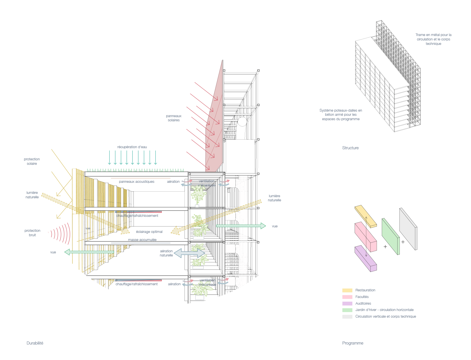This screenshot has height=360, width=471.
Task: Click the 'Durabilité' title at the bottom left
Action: pos(35,343)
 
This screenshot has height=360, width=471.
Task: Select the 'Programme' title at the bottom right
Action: pos(353,343)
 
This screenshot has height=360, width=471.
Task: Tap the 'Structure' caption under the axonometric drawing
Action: pos(350,148)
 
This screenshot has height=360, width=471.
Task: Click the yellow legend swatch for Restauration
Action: pos(347,290)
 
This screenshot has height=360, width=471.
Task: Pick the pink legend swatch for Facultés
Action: pos(347,297)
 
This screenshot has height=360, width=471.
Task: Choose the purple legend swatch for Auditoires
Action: pos(347,304)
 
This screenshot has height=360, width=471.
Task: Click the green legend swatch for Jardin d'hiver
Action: pos(347,310)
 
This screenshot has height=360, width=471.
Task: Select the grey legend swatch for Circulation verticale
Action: pos(347,317)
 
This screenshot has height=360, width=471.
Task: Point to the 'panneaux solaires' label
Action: pos(174,118)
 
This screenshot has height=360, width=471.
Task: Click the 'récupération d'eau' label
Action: pos(132,147)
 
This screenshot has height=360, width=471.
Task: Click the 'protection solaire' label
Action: pos(32,161)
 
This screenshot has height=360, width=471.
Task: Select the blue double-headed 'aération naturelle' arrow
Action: pos(189,253)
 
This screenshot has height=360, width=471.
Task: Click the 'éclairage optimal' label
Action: pos(149,232)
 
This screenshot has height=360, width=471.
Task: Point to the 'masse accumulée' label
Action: pos(142,240)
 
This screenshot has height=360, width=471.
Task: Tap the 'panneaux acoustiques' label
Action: pos(137,182)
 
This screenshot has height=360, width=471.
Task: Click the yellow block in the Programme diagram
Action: pos(366,216)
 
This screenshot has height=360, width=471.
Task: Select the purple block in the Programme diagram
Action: pos(366,258)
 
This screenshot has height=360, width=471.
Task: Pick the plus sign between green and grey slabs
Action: pos(403,242)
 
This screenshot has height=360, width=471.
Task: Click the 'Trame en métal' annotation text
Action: pos(433,39)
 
